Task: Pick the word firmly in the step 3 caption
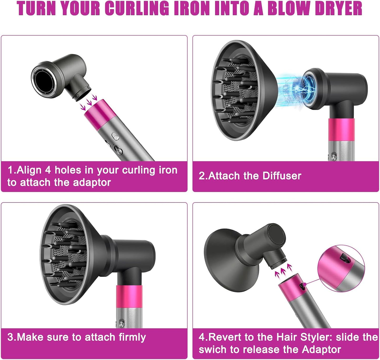pyautogui.click(x=132, y=337)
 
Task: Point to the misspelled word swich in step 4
pyautogui.click(x=210, y=349)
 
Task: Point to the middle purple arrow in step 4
pyautogui.click(x=283, y=271)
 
